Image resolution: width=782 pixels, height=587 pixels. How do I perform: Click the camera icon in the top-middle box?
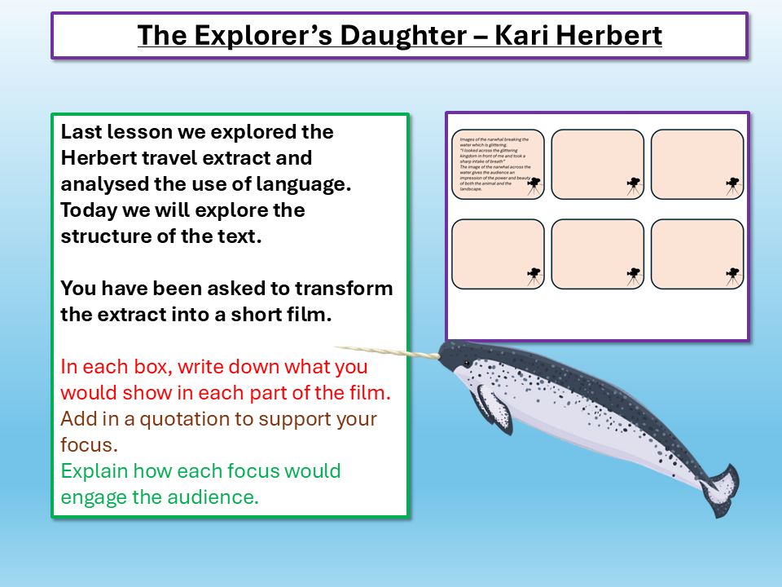(x=633, y=185)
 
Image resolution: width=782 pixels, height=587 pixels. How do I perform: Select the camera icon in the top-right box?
(x=732, y=185)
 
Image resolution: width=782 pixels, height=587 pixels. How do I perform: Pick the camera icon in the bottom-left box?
(x=534, y=275)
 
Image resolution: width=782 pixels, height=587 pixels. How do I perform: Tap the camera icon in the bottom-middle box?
(x=633, y=275)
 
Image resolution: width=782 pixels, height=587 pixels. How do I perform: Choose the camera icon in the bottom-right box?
(x=732, y=275)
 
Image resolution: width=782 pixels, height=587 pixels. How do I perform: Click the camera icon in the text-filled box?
(x=534, y=185)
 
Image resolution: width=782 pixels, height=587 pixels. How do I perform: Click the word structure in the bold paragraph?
(x=104, y=236)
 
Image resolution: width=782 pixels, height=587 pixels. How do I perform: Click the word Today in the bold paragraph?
(x=86, y=210)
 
